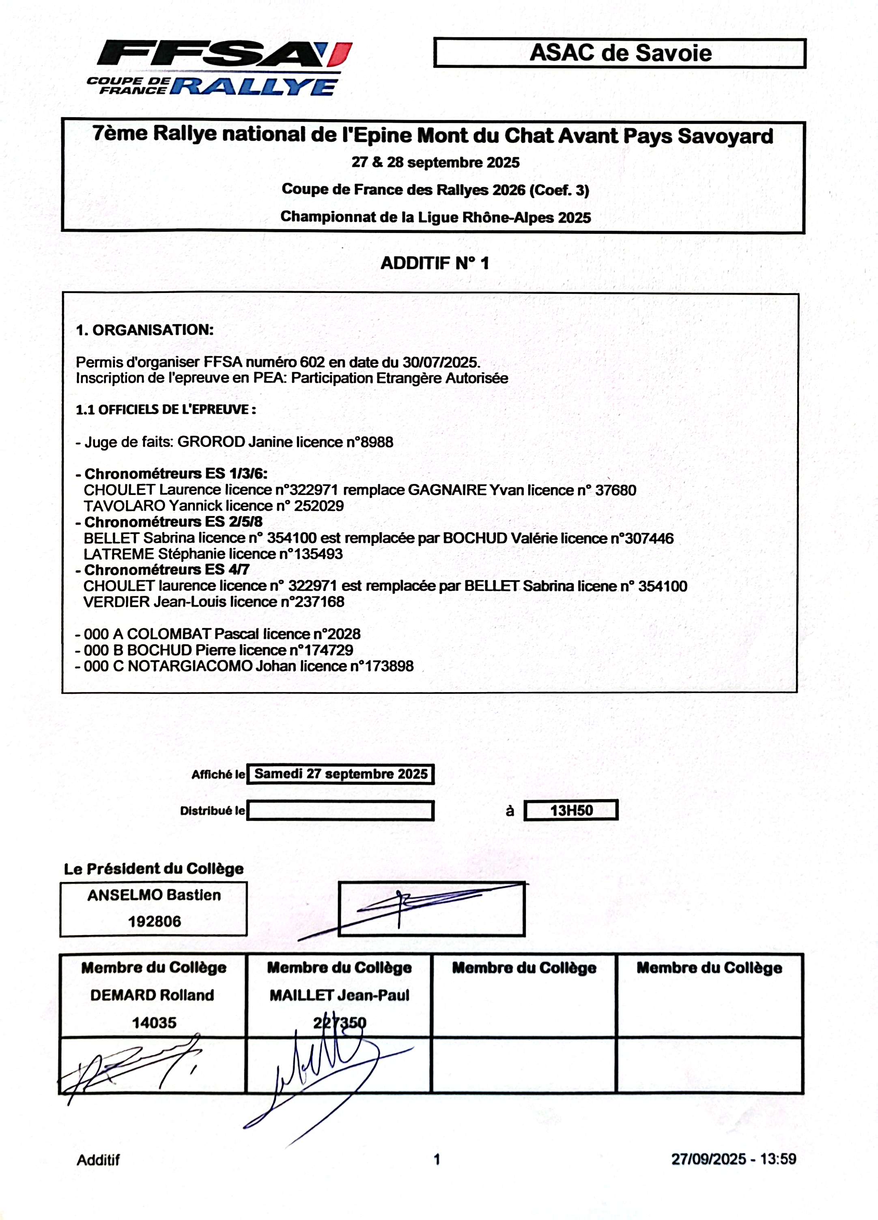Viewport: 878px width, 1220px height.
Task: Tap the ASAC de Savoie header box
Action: [620, 53]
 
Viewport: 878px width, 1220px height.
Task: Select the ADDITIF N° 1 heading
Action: [435, 263]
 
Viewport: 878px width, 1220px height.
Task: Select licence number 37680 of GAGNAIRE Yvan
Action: [615, 490]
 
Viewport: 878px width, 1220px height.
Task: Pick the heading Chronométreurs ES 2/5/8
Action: [173, 522]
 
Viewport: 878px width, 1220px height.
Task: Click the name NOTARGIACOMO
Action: [190, 666]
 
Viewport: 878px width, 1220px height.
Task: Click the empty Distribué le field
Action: [340, 811]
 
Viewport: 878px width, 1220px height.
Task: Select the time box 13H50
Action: [571, 810]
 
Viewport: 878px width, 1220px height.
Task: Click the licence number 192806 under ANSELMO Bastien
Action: [155, 921]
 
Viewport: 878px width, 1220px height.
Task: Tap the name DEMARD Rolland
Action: [152, 995]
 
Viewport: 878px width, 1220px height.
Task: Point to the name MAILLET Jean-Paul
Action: [340, 995]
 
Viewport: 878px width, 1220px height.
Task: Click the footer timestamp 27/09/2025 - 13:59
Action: [733, 1159]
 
